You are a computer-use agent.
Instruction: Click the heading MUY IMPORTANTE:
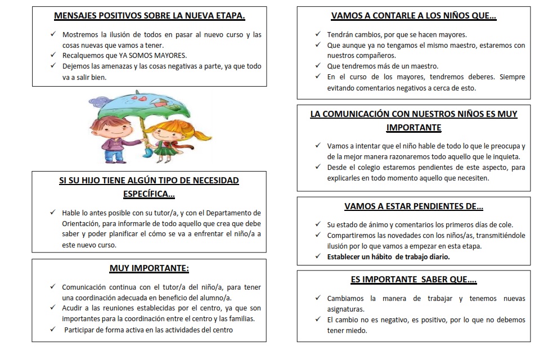click(x=149, y=268)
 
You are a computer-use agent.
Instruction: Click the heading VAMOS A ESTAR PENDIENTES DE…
click(x=414, y=206)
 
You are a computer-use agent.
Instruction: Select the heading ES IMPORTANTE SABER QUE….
click(x=414, y=280)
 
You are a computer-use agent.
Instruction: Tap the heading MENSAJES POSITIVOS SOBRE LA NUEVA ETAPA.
click(x=149, y=16)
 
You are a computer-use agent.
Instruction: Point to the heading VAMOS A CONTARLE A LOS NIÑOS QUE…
click(x=414, y=16)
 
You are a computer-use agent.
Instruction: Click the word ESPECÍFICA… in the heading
click(x=149, y=194)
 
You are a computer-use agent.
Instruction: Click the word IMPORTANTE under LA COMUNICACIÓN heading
click(x=414, y=128)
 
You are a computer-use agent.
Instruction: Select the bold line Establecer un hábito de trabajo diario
click(x=388, y=256)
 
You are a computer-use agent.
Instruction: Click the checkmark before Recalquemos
click(x=52, y=55)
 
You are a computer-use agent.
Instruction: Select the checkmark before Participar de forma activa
click(x=52, y=330)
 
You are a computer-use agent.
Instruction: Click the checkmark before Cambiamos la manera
click(x=318, y=299)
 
